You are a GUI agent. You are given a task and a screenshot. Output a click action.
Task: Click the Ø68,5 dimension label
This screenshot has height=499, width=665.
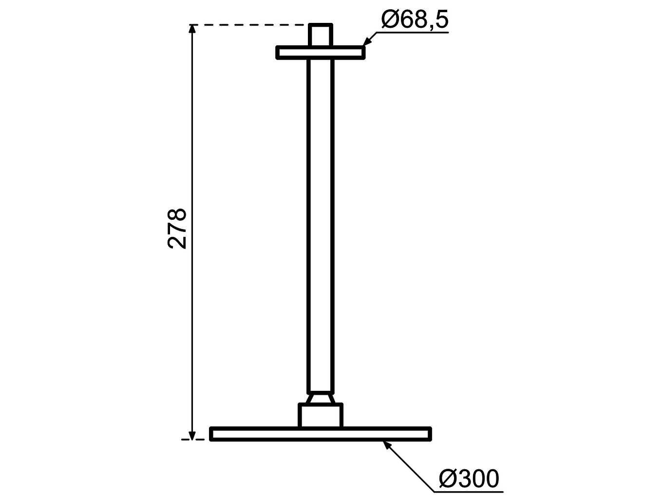click(415, 19)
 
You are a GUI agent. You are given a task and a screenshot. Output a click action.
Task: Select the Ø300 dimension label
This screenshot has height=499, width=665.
click(469, 479)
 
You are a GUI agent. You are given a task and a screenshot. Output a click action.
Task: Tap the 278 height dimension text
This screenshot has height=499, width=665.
click(177, 229)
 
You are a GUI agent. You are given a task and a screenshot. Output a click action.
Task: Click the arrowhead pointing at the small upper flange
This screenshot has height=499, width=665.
click(367, 42)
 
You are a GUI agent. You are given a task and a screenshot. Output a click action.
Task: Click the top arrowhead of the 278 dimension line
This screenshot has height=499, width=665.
click(192, 29)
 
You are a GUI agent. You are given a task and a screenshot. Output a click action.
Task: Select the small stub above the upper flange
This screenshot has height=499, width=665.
click(320, 35)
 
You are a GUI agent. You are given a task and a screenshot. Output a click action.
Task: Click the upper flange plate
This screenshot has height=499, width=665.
click(320, 53)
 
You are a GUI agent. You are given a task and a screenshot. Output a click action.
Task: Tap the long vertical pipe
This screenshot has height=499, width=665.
click(320, 226)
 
